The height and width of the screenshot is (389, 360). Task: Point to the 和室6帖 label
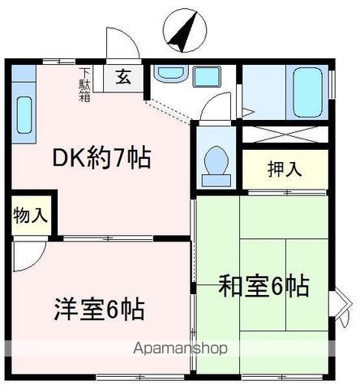coord(264,285)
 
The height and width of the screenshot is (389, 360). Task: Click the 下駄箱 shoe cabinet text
coord(85,81)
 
